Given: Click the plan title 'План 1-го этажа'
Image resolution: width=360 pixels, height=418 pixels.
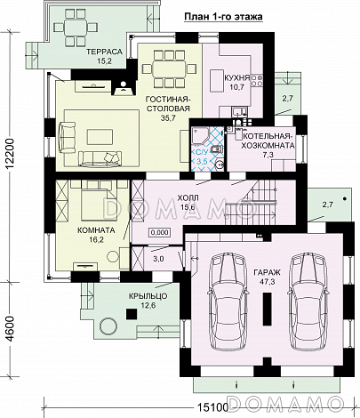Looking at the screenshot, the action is click(223, 17).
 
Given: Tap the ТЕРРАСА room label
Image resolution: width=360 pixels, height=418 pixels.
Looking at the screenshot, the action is click(104, 52).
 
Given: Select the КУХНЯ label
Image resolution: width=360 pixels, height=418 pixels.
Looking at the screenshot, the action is click(236, 78).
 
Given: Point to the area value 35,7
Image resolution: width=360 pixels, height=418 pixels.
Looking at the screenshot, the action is click(169, 117).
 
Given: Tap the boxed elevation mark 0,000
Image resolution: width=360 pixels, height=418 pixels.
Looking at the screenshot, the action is click(160, 232).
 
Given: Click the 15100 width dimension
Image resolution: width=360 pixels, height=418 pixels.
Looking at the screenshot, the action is click(211, 407).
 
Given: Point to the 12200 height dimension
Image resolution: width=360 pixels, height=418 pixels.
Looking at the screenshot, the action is click(10, 154).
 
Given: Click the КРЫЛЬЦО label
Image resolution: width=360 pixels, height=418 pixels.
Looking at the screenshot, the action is click(148, 296).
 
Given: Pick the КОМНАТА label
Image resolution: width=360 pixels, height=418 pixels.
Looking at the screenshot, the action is click(96, 230).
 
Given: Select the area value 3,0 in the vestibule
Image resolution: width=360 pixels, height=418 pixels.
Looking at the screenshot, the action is click(158, 259).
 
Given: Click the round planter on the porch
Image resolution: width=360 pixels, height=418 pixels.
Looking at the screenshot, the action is click(107, 326).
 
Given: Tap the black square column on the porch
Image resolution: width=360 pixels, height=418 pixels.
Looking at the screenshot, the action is click(132, 314).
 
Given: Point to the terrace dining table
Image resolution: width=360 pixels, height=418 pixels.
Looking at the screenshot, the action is click(76, 28).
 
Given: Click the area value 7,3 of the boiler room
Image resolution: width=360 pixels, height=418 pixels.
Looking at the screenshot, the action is click(268, 154).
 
